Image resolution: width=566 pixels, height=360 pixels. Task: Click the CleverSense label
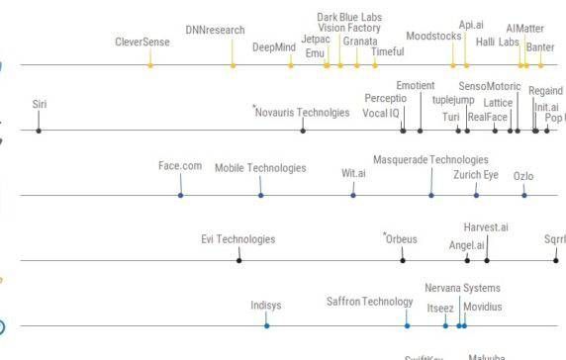point(142,43)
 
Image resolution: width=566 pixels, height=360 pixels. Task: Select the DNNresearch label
point(215,31)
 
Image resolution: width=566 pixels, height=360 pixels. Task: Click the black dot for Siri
point(39,131)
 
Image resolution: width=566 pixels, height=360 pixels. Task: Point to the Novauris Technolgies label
point(303,113)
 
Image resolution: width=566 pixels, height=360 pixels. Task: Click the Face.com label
point(180,166)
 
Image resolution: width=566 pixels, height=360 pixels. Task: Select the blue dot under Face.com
point(181,195)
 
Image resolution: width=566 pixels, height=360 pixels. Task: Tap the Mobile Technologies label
point(260,168)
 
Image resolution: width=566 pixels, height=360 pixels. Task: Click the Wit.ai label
point(353,173)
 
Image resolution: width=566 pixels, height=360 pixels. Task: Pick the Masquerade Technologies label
point(430,159)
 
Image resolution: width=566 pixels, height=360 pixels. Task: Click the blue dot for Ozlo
point(524,195)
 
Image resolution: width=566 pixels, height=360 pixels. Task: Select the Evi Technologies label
point(238,239)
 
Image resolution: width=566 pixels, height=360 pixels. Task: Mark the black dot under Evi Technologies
point(239,261)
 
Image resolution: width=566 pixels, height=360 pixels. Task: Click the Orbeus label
point(402,238)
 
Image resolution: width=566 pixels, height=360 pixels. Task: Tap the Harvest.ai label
point(486,228)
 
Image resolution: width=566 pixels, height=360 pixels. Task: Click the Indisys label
point(266,306)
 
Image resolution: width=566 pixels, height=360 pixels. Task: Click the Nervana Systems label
point(462,288)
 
